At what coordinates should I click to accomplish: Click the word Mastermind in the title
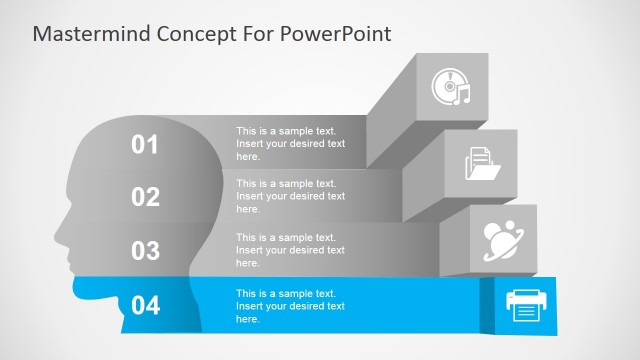(91, 34)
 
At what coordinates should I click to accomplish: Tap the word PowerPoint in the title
(338, 34)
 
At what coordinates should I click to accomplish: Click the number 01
(145, 145)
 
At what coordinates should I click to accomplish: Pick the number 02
(145, 197)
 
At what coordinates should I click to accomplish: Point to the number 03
(145, 250)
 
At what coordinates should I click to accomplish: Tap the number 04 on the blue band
(145, 305)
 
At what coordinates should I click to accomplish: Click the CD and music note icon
(450, 87)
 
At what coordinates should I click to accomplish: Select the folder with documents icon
(483, 163)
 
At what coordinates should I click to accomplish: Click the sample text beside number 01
(290, 144)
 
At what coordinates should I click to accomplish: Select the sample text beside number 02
(290, 196)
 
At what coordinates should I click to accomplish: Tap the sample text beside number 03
(290, 249)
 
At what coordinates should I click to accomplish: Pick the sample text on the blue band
(290, 305)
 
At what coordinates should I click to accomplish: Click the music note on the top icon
(462, 95)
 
